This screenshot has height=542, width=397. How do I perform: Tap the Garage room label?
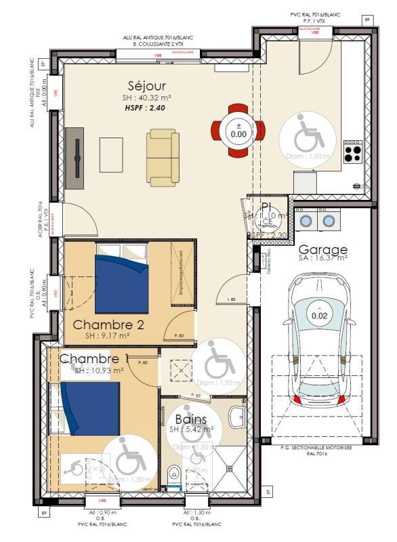[x=323, y=249]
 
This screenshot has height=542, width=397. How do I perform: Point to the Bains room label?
[x=190, y=419]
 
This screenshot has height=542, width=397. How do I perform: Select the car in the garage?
[x=318, y=339]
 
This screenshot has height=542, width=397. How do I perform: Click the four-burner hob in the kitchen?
[x=352, y=153]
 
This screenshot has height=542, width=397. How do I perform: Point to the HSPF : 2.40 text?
[x=144, y=107]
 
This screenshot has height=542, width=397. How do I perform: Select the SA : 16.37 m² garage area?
[x=323, y=258]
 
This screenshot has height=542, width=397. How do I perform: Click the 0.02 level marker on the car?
[x=318, y=315]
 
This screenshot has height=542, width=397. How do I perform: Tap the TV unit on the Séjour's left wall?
[x=75, y=158]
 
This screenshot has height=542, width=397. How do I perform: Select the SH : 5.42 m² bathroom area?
[x=191, y=430]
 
